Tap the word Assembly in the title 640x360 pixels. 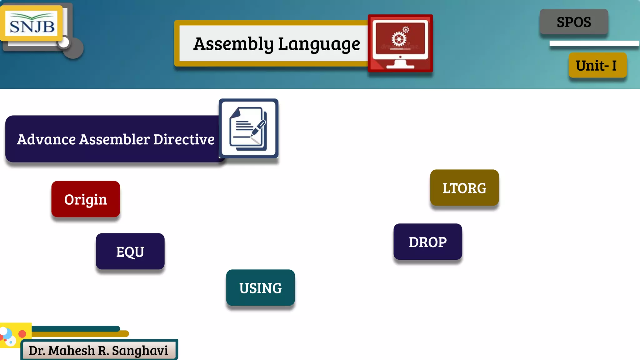pyautogui.click(x=233, y=44)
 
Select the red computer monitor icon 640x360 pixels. pyautogui.click(x=400, y=43)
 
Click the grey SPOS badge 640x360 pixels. pyautogui.click(x=574, y=22)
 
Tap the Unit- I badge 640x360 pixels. pyautogui.click(x=597, y=65)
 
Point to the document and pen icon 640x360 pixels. pyautogui.click(x=248, y=128)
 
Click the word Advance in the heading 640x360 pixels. pyautogui.click(x=46, y=139)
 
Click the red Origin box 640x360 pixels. pyautogui.click(x=86, y=199)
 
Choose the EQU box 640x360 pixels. pyautogui.click(x=130, y=252)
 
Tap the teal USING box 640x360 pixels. pyautogui.click(x=260, y=288)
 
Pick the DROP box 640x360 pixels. pyautogui.click(x=427, y=242)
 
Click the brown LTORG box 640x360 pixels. pyautogui.click(x=464, y=188)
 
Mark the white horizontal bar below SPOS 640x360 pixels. pyautogui.click(x=594, y=43)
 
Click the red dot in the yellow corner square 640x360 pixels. pyautogui.click(x=22, y=334)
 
